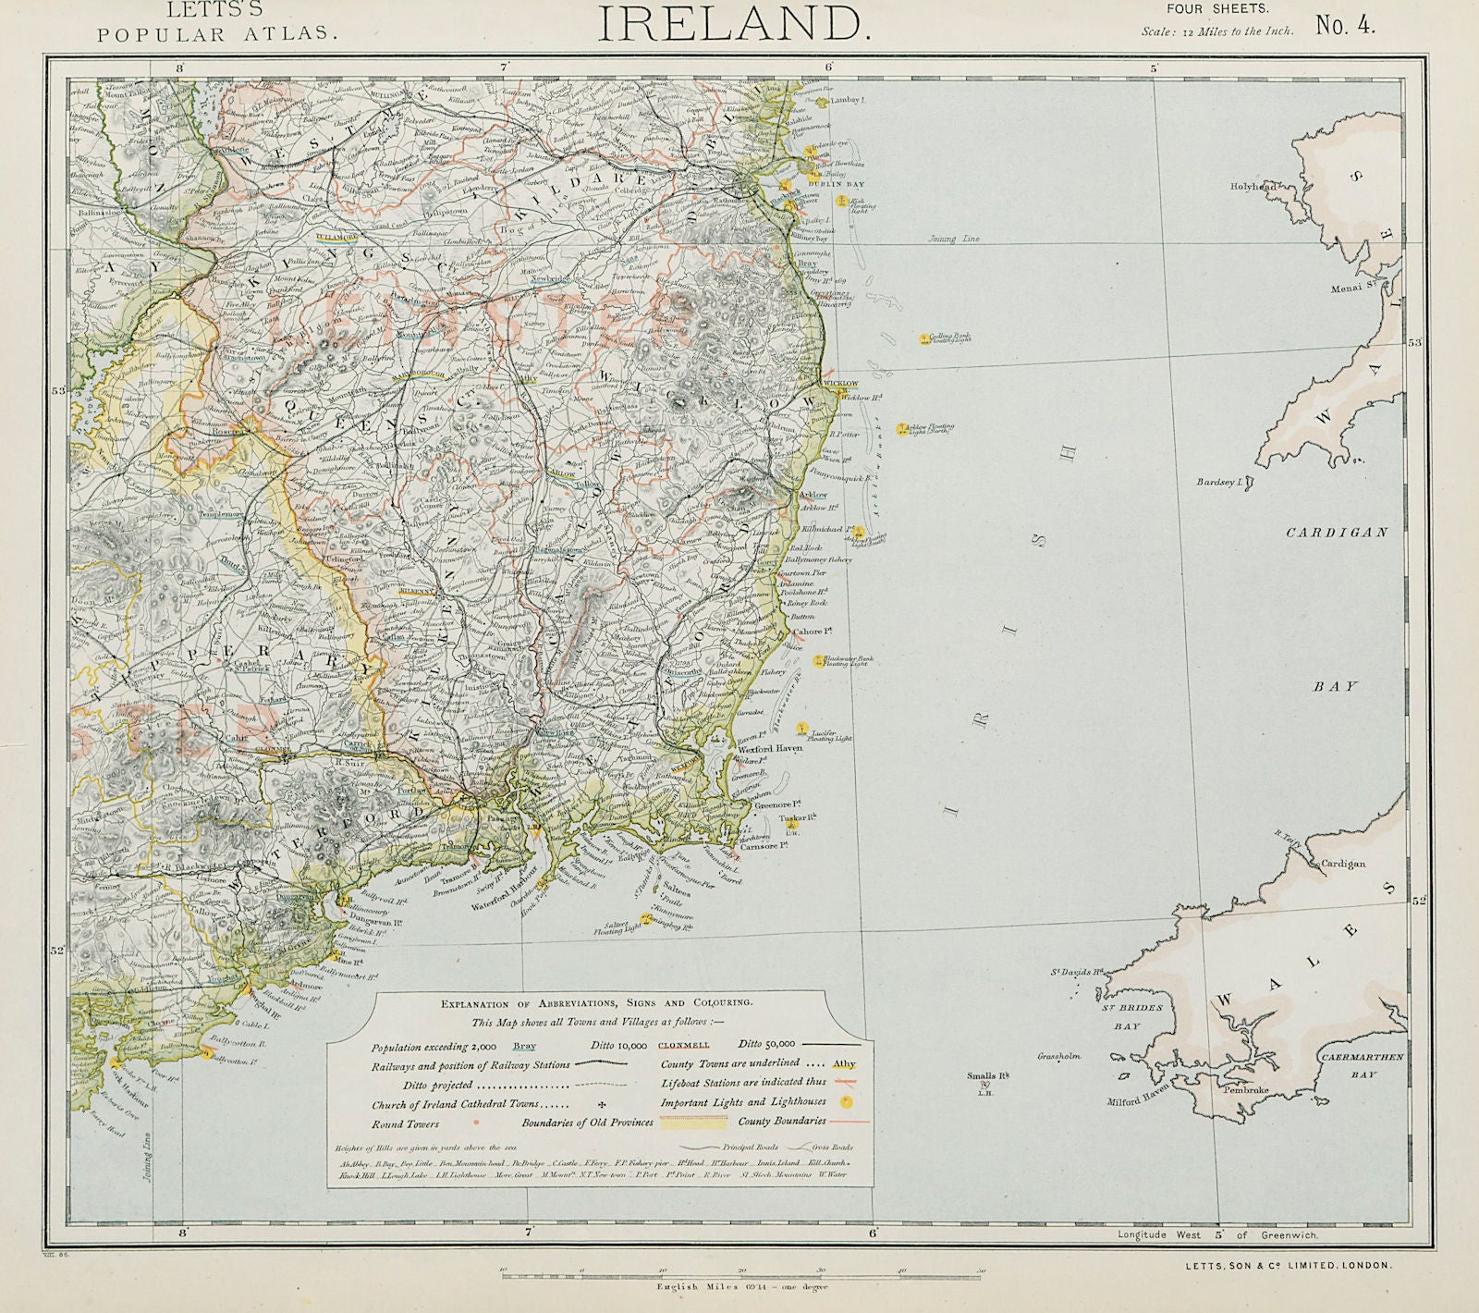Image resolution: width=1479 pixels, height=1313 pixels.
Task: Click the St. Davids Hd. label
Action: coord(1077,972)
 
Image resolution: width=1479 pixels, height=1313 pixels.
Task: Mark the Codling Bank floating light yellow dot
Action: coord(923,339)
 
